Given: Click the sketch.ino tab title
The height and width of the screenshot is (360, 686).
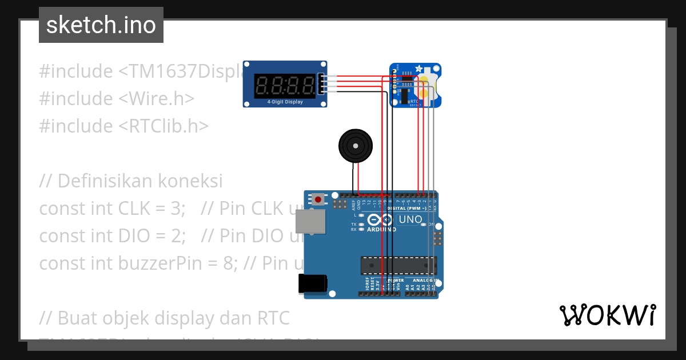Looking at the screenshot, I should pyautogui.click(x=101, y=25).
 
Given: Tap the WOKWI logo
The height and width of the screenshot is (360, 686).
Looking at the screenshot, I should pyautogui.click(x=607, y=315).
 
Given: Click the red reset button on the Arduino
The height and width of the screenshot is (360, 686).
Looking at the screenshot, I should pyautogui.click(x=317, y=199).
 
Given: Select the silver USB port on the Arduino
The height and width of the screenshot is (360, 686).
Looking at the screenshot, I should pyautogui.click(x=309, y=221).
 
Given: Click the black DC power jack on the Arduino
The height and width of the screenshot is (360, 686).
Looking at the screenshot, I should pyautogui.click(x=313, y=284).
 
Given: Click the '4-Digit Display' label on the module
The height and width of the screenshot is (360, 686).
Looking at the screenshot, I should pyautogui.click(x=285, y=102).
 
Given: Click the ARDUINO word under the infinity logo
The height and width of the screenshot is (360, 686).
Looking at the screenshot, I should pyautogui.click(x=381, y=229).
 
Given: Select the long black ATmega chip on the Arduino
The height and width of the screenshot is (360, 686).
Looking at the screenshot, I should pyautogui.click(x=398, y=265).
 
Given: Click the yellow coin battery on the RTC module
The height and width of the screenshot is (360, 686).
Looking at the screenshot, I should pyautogui.click(x=426, y=84).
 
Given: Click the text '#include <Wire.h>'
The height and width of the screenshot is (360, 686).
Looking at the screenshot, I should pyautogui.click(x=117, y=99).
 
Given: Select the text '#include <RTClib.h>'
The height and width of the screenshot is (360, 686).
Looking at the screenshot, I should pyautogui.click(x=123, y=126).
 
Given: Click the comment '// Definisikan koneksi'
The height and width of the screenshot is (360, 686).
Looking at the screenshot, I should pyautogui.click(x=131, y=181).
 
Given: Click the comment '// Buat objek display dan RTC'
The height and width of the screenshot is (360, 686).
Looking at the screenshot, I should pyautogui.click(x=164, y=317).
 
